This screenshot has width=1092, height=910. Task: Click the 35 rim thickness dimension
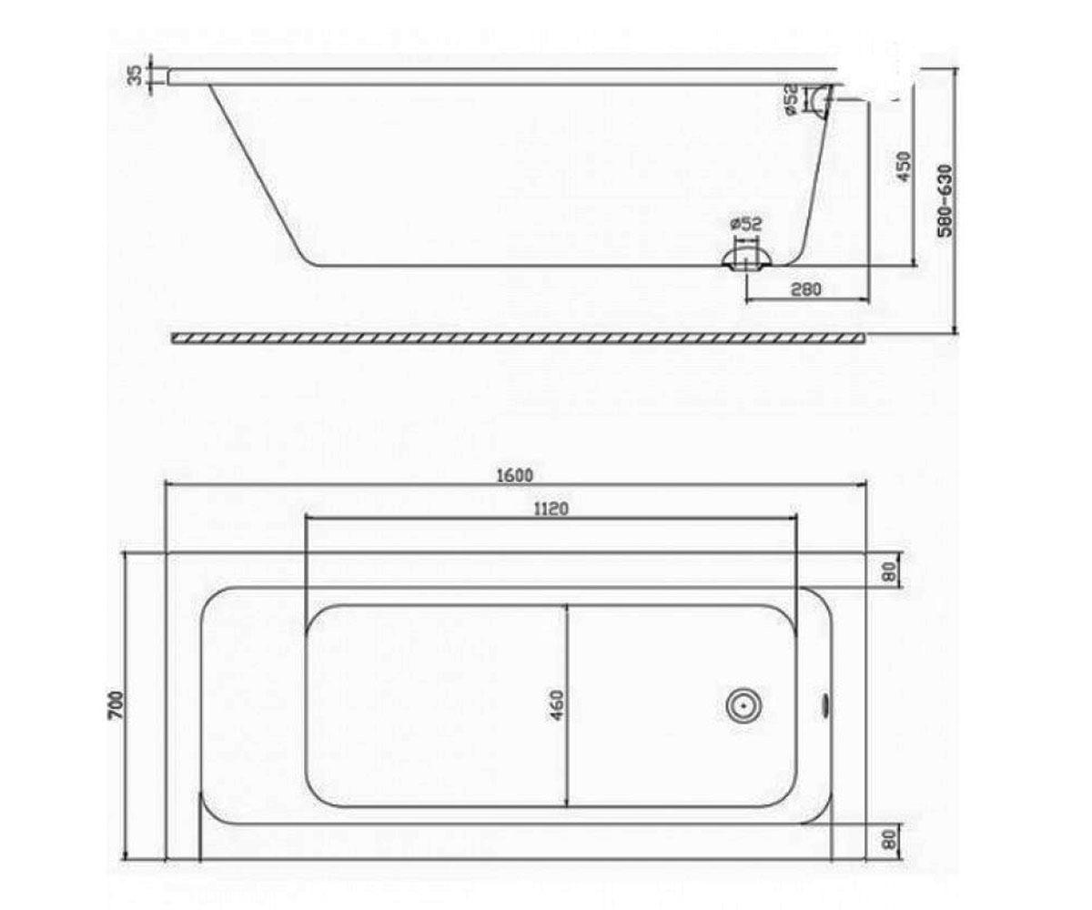tap(135, 76)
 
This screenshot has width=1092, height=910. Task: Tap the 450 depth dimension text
tap(904, 167)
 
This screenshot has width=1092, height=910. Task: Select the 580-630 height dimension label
tap(946, 201)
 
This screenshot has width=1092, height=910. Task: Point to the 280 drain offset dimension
tap(806, 288)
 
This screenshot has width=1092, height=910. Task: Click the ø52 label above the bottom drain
tap(746, 224)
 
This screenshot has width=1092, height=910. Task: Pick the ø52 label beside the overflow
tap(792, 99)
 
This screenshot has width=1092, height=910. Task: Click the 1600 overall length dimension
tap(515, 475)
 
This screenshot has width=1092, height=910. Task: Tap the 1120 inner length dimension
tap(551, 509)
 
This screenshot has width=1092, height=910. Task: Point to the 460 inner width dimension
tap(558, 705)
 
